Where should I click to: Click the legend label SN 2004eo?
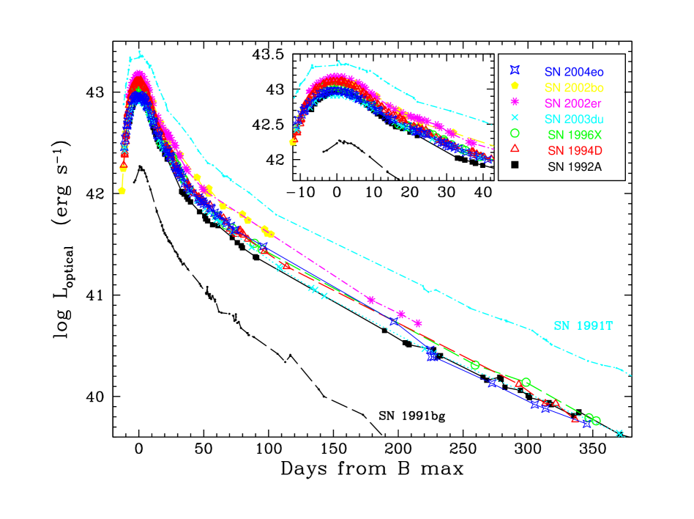click(573, 72)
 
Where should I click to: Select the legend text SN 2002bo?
click(573, 87)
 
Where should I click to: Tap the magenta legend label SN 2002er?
click(573, 103)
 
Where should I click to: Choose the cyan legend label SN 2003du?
click(573, 119)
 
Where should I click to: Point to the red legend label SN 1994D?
click(573, 150)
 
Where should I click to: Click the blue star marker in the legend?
click(515, 70)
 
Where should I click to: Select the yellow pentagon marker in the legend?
click(515, 86)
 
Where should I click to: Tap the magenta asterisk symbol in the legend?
click(515, 101)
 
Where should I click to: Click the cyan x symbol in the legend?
click(515, 117)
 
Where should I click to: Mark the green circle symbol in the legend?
click(515, 133)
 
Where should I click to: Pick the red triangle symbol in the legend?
click(515, 149)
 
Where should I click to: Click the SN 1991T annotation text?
click(583, 325)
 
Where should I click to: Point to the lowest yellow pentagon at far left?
click(122, 191)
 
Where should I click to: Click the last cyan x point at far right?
click(619, 433)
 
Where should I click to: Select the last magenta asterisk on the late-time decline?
click(417, 323)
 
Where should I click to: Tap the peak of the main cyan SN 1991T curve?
click(140, 53)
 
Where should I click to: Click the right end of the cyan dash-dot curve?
click(631, 376)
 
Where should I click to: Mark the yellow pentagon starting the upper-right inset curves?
click(293, 142)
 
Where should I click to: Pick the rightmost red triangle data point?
click(575, 419)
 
